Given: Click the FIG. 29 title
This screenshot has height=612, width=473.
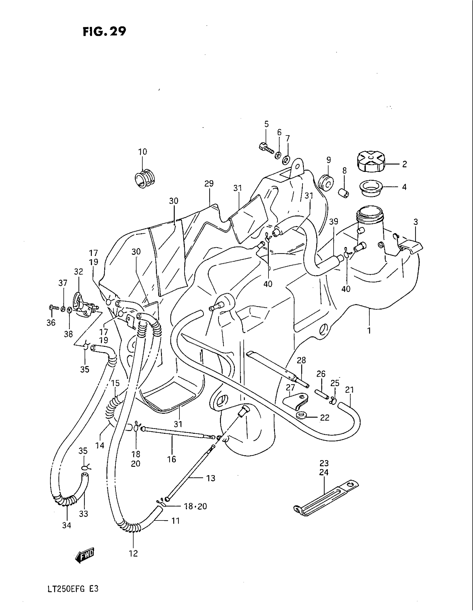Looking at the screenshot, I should point(104,32).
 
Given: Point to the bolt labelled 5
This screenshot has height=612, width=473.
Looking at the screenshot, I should point(265,148).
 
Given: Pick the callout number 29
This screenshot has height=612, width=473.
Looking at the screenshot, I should point(209,184).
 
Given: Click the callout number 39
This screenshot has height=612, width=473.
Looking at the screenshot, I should point(333,222).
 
